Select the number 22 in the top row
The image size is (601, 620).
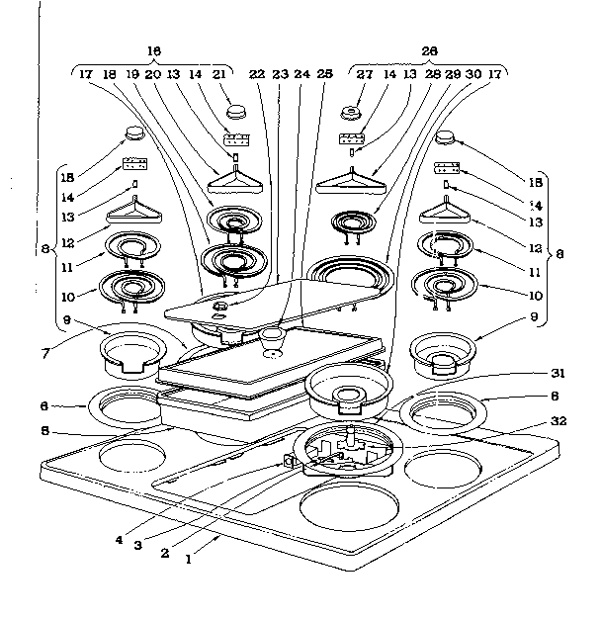tap(256, 72)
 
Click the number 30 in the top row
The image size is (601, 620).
tap(472, 72)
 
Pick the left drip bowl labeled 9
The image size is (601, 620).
tap(129, 354)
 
